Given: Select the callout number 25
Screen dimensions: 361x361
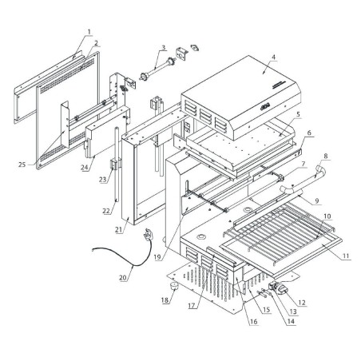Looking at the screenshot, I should point(22,165).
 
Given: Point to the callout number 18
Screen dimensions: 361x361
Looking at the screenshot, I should point(165,301).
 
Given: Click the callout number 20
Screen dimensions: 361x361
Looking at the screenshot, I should point(122,278).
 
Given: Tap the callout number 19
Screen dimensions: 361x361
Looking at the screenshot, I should point(157,258).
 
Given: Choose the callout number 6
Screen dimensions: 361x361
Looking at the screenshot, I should point(310,134).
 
